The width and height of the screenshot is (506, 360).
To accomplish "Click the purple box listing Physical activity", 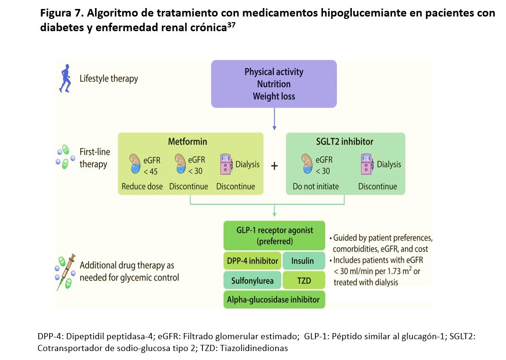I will tap(274, 84).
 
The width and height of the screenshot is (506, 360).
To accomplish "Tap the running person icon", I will tap(65, 78).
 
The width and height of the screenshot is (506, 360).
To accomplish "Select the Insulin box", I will tap(302, 260).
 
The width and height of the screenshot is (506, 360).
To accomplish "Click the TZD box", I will tap(304, 280).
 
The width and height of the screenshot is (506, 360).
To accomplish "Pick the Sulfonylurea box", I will tap(252, 280).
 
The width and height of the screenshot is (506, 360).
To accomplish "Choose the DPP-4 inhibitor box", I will tap(252, 260).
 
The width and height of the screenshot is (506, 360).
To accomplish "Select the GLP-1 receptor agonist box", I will tap(274, 235).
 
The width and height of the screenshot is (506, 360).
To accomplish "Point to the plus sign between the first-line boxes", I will tap(274, 166).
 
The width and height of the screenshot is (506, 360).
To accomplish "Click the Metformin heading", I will tap(187, 141).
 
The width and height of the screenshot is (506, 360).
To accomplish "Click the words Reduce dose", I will tap(142, 186).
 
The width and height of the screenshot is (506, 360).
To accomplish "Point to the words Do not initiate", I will tap(315, 186).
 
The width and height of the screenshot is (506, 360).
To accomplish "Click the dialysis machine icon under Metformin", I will tap(225, 165).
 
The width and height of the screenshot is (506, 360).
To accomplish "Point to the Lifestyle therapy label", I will tap(109, 78).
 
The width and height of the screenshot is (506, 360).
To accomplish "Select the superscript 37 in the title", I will tap(231, 24).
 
